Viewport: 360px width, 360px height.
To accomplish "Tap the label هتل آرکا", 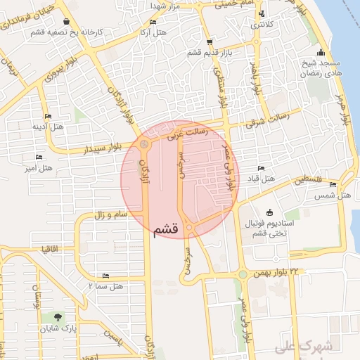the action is click(x=153, y=33).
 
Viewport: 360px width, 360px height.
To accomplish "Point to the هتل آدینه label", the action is click(x=48, y=127).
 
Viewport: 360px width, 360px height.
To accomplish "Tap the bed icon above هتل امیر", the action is click(x=39, y=157).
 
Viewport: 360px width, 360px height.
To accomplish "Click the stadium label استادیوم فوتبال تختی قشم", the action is click(x=271, y=228).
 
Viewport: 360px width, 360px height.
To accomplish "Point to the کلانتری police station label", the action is click(x=263, y=24).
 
